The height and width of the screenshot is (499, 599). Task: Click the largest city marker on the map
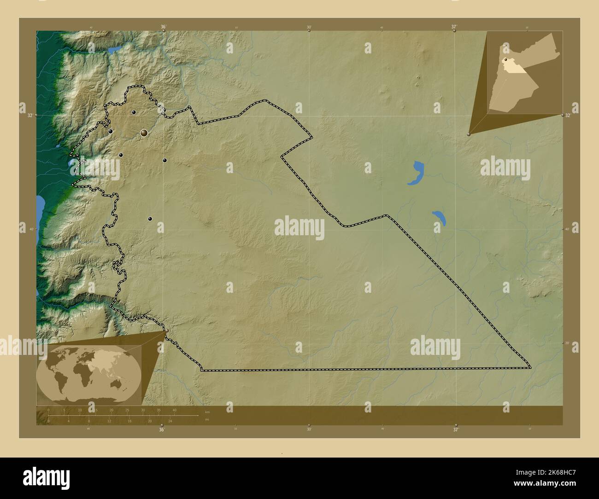pos(144,133)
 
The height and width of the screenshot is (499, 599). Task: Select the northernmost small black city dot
pos(134,112)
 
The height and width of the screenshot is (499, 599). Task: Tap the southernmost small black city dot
pos(150,219)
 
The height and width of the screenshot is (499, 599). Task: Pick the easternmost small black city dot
pos(164,160)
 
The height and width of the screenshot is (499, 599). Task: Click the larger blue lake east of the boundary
pos(417,173)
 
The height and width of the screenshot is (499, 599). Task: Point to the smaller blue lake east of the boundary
pos(439,217)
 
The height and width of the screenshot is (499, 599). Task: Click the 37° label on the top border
pos(454,27)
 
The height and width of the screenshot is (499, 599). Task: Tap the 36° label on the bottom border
pos(161,430)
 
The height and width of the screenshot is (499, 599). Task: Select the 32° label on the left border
pos(29,116)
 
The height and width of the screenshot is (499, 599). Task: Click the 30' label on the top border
pos(309,27)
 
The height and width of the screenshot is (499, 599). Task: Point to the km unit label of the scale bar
pos(207,412)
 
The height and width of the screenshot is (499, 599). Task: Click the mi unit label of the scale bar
pos(207,419)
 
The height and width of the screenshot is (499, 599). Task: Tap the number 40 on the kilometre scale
pos(174,410)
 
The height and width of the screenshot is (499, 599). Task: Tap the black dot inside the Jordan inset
pos(505,60)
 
